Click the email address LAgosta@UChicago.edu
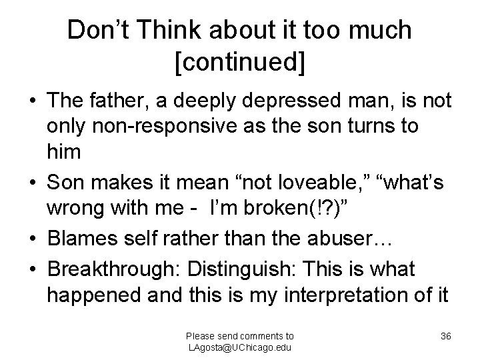[240, 347]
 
